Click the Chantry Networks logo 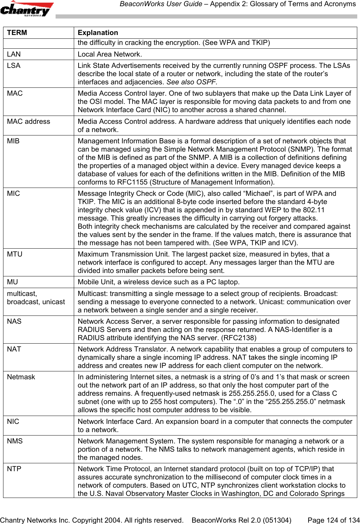27,9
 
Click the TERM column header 17,33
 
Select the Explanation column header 98,33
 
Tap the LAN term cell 14,54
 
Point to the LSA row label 14,65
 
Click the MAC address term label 28,121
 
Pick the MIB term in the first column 13,141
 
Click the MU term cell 12,282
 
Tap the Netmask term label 21,377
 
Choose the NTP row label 14,469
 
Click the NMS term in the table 15,441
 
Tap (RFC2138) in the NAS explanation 239,338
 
